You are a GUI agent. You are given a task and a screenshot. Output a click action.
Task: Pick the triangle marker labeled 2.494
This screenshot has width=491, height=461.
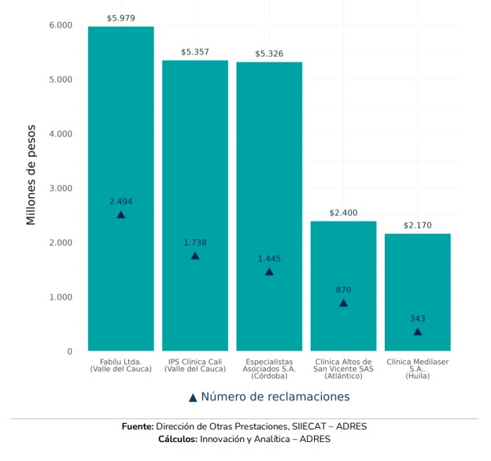coord(120,214)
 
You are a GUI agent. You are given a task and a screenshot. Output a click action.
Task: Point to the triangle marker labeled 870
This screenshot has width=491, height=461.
coord(343,303)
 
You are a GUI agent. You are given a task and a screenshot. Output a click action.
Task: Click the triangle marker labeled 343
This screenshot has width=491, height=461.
coord(417,332)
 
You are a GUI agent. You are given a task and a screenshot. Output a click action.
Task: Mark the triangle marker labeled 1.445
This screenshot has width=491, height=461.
coord(269,272)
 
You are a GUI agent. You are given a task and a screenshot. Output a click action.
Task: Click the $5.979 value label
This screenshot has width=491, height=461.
coord(120,17)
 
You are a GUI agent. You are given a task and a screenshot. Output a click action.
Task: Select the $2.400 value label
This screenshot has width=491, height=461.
coord(343,213)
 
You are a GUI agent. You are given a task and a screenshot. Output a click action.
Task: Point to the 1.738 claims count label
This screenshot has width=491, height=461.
coord(195,243)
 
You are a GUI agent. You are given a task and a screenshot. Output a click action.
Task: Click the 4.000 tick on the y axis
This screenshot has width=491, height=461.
coord(60,134)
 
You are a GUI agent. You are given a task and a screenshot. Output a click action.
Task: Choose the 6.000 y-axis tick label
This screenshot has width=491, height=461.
coord(60,25)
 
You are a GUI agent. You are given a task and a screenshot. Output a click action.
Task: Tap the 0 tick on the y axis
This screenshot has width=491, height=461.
coord(69,351)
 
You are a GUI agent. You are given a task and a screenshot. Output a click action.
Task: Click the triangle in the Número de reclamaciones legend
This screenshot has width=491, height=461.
coord(193,397)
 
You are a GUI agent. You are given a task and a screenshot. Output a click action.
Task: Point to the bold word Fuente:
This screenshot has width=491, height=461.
coord(138,426)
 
